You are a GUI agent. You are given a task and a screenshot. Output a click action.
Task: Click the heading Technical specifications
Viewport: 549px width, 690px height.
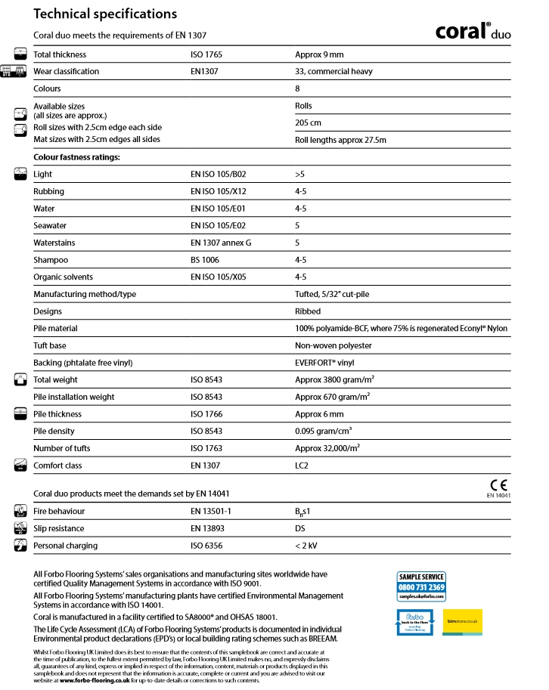tap(105, 14)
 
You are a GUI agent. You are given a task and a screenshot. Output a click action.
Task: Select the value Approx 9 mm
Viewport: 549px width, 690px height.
tap(319, 54)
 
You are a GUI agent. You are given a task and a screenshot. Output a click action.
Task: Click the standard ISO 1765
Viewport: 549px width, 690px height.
tap(206, 54)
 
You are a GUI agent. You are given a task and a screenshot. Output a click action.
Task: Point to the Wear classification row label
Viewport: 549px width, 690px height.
tap(66, 72)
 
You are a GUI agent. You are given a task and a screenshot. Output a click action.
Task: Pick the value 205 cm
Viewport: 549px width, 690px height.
tap(307, 122)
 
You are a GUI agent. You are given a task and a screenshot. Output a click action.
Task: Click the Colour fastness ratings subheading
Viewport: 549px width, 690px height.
tap(77, 157)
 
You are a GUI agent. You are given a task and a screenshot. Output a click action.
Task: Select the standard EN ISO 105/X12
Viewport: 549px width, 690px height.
tap(219, 192)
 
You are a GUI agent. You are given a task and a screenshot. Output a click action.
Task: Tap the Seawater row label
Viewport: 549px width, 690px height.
tap(50, 226)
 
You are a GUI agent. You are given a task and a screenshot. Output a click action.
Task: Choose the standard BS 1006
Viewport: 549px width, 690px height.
tap(205, 260)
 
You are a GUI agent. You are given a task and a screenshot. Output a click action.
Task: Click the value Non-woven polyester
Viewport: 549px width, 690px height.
tap(333, 345)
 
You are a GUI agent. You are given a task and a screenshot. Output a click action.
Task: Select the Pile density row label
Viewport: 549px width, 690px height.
tap(54, 431)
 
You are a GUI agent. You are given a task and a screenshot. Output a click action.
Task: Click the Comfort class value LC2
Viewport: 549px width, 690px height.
tap(302, 466)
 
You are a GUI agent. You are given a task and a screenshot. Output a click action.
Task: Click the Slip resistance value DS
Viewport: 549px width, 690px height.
tap(300, 528)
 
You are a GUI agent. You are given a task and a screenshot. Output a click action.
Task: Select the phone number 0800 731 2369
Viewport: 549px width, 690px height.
tap(421, 587)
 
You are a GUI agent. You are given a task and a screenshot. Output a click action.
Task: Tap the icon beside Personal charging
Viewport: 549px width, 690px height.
tap(20, 546)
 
